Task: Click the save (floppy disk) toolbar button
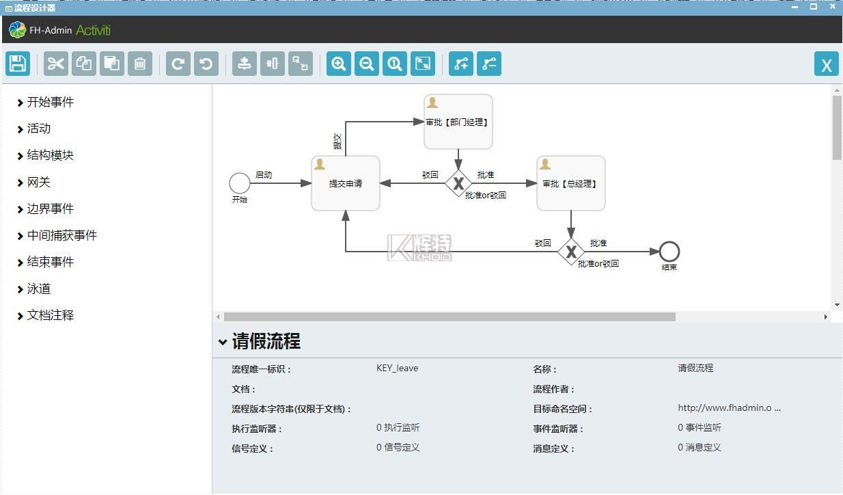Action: click(x=18, y=64)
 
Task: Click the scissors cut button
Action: click(x=56, y=64)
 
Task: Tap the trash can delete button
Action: click(x=140, y=64)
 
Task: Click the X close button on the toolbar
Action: click(x=827, y=64)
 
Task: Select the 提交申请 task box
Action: click(x=346, y=183)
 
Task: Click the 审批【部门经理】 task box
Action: click(x=458, y=122)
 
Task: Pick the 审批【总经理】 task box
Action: click(x=571, y=183)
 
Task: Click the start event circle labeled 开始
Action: click(x=240, y=183)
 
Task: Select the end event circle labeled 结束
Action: click(x=669, y=252)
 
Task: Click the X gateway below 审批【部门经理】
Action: click(x=458, y=183)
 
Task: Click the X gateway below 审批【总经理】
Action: click(x=571, y=252)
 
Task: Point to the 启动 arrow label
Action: click(x=264, y=175)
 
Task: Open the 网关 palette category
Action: click(x=38, y=183)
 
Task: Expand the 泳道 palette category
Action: click(x=38, y=289)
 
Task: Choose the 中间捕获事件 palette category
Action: click(x=61, y=235)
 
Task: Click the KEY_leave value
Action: click(x=397, y=368)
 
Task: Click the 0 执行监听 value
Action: click(x=398, y=427)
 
